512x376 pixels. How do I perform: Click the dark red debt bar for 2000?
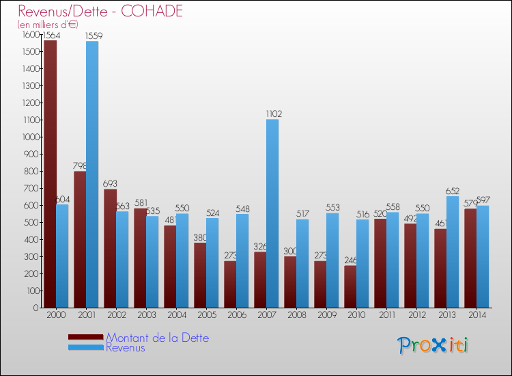coord(50,174)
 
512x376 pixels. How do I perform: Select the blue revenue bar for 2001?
coord(92,174)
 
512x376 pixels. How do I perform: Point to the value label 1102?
coord(273,114)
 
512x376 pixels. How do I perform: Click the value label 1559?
coord(95,35)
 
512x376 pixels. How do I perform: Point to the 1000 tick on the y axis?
coord(29,137)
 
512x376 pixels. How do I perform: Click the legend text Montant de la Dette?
coord(157,338)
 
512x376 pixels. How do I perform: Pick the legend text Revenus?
coord(126,347)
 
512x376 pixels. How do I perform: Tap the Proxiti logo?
coord(432,345)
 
